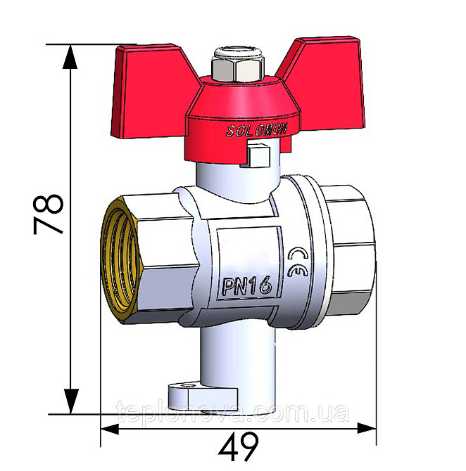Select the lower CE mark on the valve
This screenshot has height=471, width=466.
point(296,272)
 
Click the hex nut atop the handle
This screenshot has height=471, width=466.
point(228,67)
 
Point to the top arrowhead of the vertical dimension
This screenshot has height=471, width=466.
point(70,56)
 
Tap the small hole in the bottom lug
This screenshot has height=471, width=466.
point(189,386)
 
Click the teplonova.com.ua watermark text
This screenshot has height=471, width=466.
point(232,412)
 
